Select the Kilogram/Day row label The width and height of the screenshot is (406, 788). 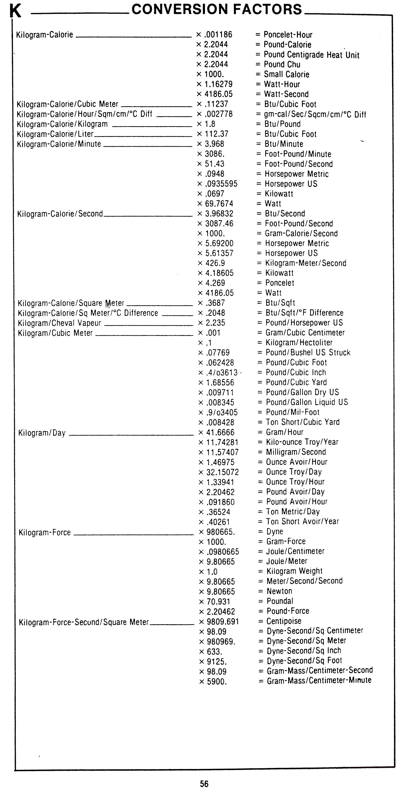pos(42,433)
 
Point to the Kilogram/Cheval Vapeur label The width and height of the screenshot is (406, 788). pos(60,323)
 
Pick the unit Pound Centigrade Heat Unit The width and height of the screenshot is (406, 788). pos(311,55)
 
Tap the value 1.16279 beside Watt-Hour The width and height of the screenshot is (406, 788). pos(218,84)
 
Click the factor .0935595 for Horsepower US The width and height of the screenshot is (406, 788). pos(221,184)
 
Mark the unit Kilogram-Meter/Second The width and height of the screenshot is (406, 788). pos(305,263)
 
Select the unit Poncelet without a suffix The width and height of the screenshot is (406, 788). pos(280,283)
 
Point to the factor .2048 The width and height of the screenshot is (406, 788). pos(215,313)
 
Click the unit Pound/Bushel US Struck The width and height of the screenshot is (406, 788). pos(308,352)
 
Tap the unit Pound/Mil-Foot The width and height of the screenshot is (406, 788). pos(293,412)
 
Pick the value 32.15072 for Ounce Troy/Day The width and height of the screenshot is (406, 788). pos(222,472)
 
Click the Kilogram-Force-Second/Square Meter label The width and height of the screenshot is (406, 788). pos(84,622)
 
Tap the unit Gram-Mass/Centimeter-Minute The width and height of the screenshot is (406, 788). pos(319,680)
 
